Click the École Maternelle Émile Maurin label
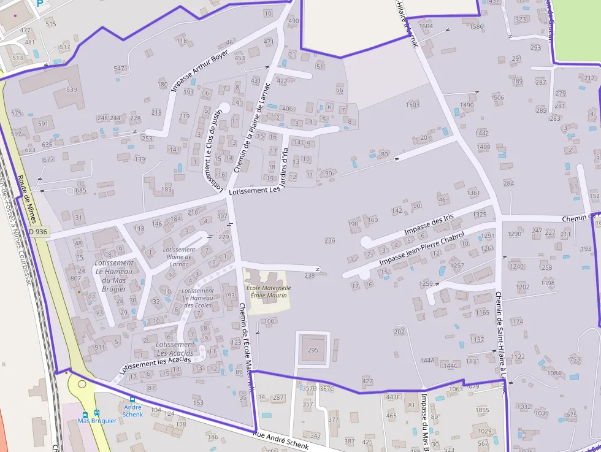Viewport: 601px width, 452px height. [x=268, y=291]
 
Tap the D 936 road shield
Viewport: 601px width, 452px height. [x=38, y=232]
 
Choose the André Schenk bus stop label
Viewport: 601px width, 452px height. [x=132, y=410]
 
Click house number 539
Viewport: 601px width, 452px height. [x=72, y=90]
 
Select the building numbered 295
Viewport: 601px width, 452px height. [x=313, y=350]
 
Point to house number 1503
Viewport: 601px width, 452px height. [x=413, y=105]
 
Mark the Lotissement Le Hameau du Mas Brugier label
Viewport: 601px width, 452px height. [x=113, y=276]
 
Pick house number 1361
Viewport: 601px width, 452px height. [x=473, y=193]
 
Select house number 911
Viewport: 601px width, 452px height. [x=99, y=347]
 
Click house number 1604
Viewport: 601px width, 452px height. [x=426, y=26]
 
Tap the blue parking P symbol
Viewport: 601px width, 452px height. [x=40, y=2]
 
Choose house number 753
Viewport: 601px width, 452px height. [x=575, y=359]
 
